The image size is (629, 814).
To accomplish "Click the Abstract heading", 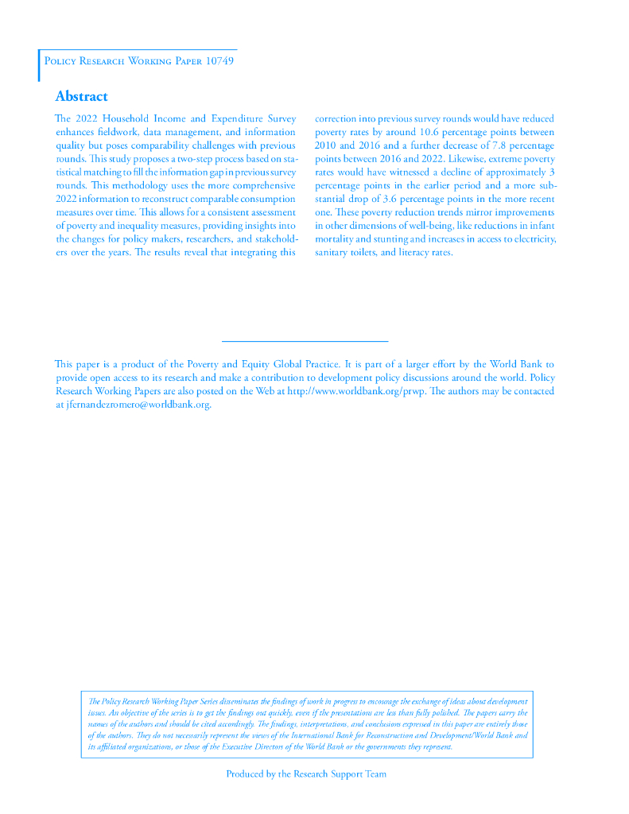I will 81,97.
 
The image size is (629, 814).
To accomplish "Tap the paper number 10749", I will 219,61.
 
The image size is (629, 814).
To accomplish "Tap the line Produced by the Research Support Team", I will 306,773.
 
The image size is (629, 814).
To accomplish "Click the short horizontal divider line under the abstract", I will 305,342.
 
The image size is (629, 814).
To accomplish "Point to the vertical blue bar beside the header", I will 38,65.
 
